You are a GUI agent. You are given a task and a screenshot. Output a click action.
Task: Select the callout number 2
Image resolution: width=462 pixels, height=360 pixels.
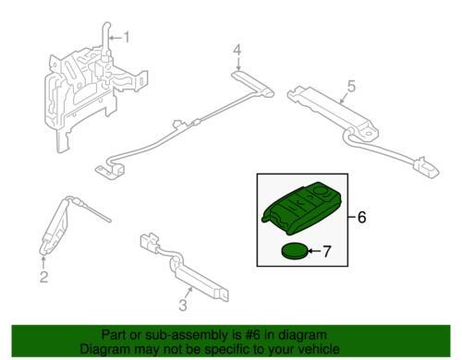click(x=43, y=275)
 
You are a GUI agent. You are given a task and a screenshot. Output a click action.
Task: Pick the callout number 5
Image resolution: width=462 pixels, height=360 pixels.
click(x=350, y=88)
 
